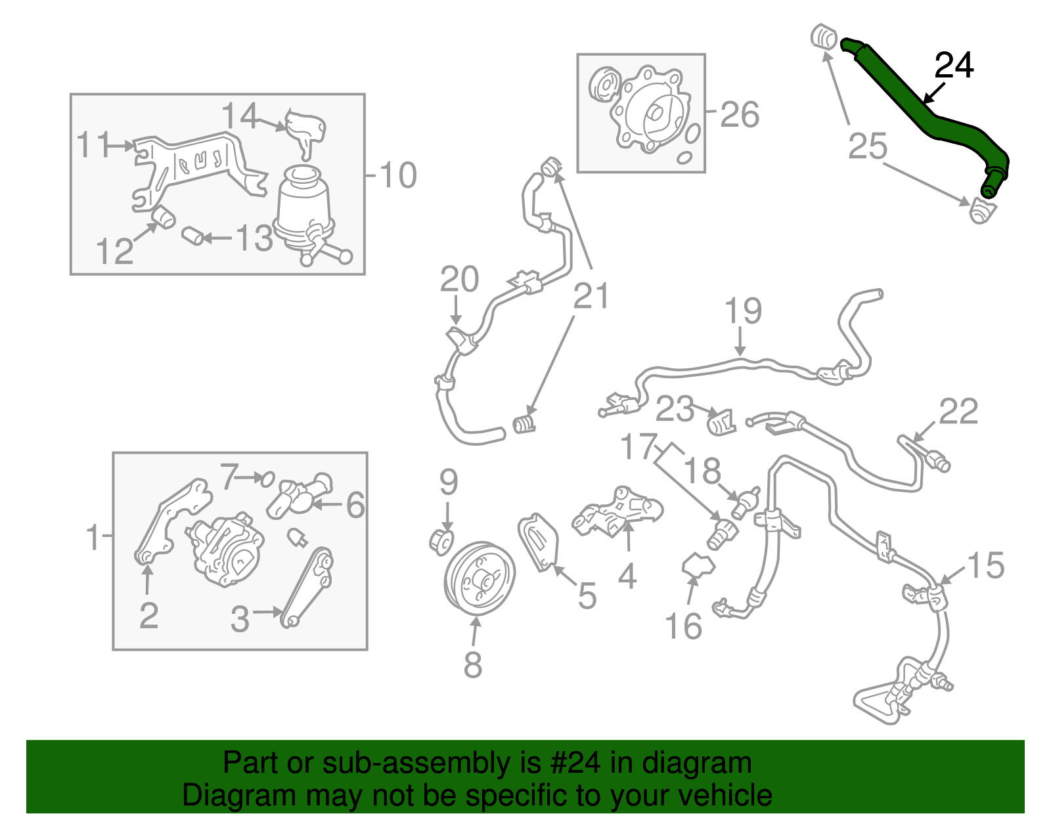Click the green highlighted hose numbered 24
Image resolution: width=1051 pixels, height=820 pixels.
coord(920,112)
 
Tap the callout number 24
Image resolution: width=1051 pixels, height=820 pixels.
coord(954,66)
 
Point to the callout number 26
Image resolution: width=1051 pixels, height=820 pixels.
coord(740,115)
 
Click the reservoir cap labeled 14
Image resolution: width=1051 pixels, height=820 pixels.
coord(305,128)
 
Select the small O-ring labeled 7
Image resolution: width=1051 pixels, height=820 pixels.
coord(267,479)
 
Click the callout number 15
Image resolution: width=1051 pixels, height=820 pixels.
coord(986,565)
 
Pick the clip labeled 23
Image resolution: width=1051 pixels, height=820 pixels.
coord(722,423)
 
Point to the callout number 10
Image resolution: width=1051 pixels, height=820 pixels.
coord(398,175)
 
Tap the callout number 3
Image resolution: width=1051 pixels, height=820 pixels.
coord(240,619)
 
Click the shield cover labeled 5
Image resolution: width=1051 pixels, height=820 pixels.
coord(538,542)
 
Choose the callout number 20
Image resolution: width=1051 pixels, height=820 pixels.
coord(459,280)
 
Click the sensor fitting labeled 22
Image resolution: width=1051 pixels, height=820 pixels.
coord(936,460)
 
